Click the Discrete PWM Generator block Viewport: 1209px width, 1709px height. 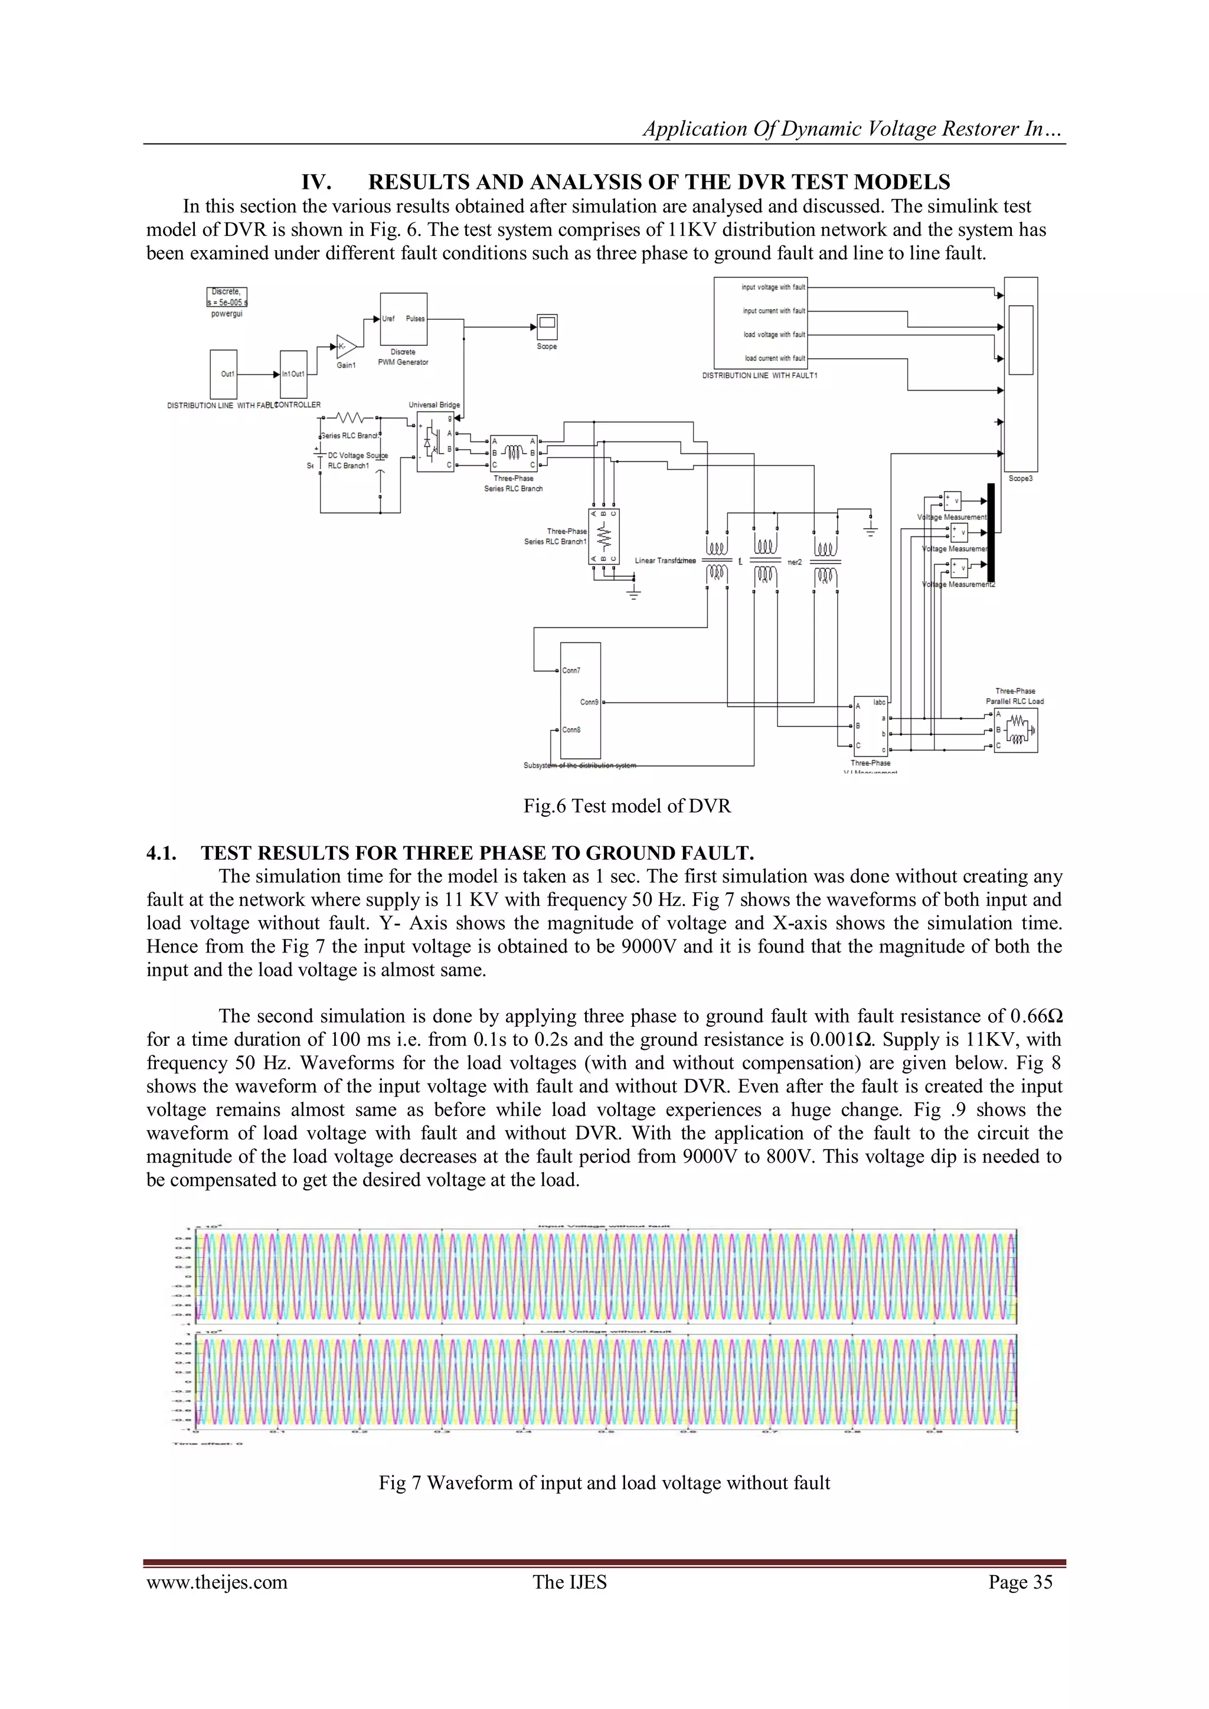(404, 319)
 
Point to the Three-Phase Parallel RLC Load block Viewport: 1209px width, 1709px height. (1015, 730)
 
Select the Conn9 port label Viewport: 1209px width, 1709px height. (589, 702)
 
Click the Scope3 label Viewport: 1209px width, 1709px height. (1020, 479)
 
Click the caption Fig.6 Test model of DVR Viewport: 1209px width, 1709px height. (627, 806)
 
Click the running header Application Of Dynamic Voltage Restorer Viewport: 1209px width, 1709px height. (853, 129)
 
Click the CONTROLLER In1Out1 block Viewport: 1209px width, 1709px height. (293, 374)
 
